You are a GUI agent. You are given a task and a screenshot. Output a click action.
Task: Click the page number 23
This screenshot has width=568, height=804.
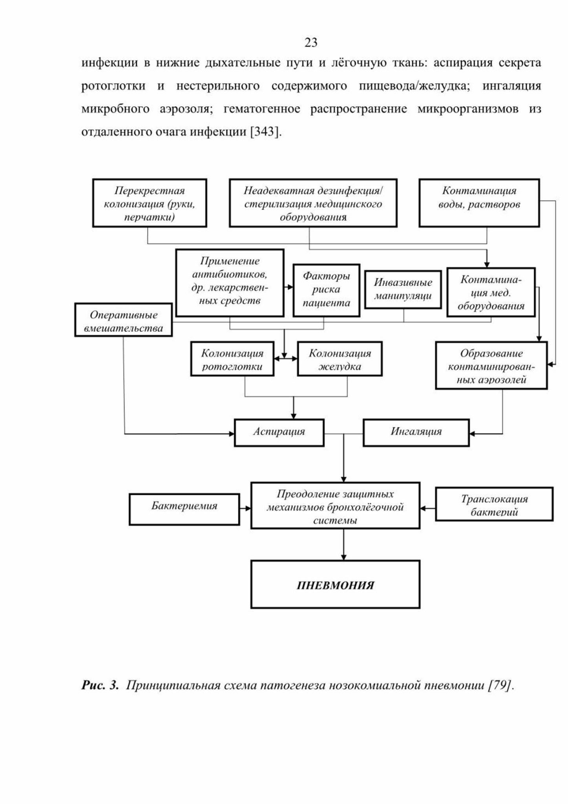point(311,42)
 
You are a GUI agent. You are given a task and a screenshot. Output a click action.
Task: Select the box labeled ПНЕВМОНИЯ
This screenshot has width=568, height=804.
point(335,584)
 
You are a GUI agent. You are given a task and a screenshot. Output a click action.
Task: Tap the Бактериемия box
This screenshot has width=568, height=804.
point(184,509)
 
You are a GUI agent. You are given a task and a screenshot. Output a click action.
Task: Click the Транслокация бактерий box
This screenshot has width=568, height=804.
point(494,504)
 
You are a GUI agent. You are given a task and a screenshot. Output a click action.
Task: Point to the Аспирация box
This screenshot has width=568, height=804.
point(279,433)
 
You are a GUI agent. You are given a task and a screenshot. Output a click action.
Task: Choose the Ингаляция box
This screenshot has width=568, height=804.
point(416,433)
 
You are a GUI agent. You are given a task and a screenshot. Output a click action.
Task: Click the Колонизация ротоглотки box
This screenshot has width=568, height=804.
point(232,359)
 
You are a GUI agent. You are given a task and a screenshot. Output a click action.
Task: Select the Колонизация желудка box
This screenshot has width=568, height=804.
point(340,359)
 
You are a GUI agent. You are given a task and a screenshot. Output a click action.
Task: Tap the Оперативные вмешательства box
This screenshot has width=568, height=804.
point(124,320)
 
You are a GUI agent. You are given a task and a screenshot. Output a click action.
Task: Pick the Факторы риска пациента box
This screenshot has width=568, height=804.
point(327,290)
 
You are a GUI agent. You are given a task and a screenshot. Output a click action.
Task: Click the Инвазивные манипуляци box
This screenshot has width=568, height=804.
point(403,289)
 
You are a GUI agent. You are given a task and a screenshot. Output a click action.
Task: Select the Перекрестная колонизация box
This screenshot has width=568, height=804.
point(150,203)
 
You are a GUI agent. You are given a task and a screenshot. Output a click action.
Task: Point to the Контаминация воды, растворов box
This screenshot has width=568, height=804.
point(479,203)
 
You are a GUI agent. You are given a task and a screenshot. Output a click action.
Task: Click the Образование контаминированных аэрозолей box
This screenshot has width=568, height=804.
point(491,365)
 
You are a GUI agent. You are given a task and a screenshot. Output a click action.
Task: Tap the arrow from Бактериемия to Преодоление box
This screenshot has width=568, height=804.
point(245,509)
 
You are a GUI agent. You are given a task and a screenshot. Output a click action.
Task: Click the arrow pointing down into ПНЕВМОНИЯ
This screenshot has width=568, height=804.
point(344,544)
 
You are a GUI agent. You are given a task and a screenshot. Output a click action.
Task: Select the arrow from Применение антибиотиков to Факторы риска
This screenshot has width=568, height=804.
point(289,287)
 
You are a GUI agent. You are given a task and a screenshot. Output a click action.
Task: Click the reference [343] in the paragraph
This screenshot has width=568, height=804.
point(266,131)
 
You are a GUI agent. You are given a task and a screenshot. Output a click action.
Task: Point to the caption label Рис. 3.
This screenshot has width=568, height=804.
point(100,685)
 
